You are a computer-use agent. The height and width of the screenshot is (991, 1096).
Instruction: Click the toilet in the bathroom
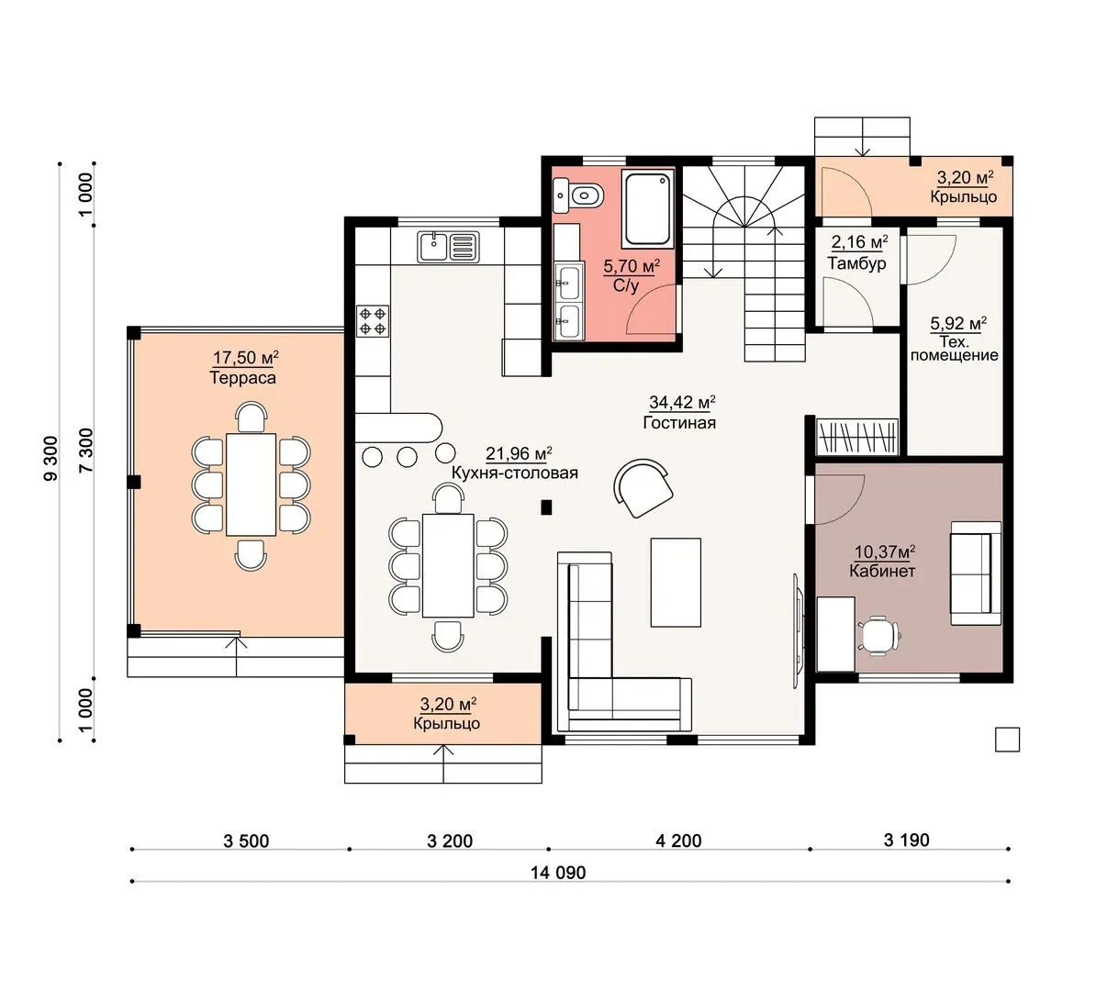coord(580,195)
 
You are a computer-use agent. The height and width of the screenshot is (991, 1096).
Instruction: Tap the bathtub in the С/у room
coord(648,208)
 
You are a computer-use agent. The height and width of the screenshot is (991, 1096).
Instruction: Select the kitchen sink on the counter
coord(449,248)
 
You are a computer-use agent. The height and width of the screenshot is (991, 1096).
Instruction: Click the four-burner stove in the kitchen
coord(373,321)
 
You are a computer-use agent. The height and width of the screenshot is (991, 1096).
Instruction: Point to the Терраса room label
coord(242,378)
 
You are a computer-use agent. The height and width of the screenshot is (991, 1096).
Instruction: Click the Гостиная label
coord(679,423)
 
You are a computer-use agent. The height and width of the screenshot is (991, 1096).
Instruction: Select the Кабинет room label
coord(882,571)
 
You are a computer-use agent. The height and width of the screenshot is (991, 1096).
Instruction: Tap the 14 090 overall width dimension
coord(558,873)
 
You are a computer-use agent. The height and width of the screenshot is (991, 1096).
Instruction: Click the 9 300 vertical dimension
coord(51,458)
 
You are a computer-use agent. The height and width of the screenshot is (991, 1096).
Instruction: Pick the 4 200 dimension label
coord(678,840)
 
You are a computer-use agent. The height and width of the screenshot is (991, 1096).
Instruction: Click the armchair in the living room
coord(643,488)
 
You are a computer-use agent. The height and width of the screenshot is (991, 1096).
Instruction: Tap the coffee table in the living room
coord(676,582)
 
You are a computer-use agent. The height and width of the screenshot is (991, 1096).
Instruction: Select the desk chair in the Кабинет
coord(878,635)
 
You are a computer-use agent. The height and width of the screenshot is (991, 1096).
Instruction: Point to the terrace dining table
coord(251,484)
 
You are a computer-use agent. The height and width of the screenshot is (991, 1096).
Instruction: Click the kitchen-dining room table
coord(448,565)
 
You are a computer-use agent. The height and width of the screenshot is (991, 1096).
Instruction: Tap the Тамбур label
coord(857,263)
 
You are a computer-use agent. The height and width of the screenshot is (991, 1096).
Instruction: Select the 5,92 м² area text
coord(958,324)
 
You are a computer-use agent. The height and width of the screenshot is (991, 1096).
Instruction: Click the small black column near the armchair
coord(546,507)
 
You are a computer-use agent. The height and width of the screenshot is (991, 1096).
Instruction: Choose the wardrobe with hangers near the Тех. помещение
coord(857,437)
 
